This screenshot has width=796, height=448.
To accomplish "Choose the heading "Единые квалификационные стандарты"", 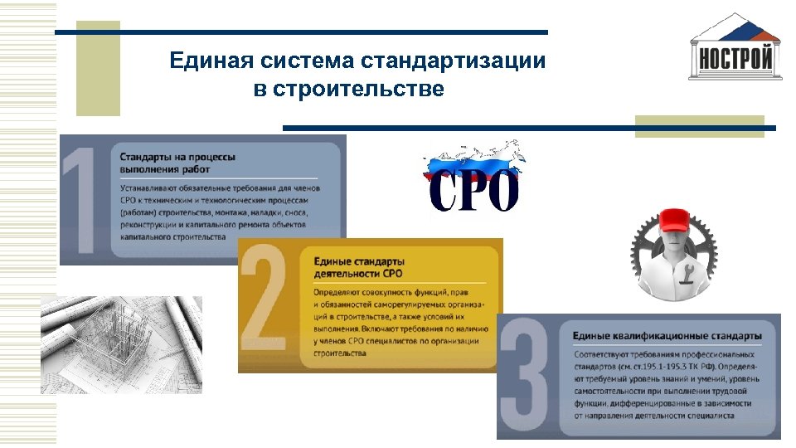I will [x=667, y=335].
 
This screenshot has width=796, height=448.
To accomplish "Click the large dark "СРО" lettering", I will [x=473, y=192].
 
